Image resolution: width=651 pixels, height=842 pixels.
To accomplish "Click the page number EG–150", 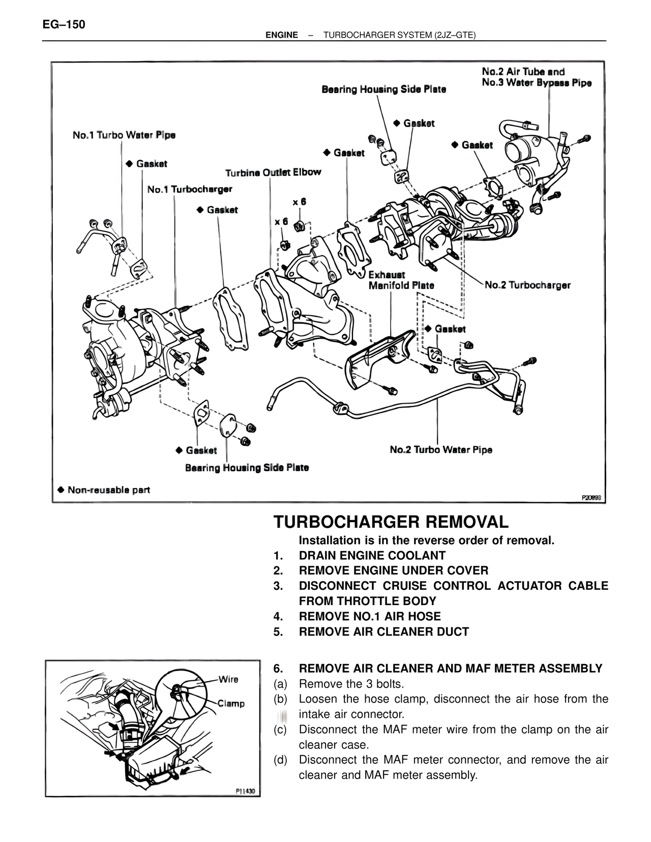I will pos(64,24).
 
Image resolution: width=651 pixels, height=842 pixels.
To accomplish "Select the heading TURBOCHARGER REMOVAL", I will pos(391,522).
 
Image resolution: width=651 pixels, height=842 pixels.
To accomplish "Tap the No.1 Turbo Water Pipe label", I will pos(124,135).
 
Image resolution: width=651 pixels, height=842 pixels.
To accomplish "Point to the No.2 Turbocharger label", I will pos(527,285).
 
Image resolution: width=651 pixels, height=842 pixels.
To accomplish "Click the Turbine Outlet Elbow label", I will pos(273,172).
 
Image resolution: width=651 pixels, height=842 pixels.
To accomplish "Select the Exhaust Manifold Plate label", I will pos(401,280).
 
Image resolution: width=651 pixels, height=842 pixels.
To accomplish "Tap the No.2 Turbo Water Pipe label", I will pos(440,449).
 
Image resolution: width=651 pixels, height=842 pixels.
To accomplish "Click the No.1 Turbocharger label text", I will pos(189,189).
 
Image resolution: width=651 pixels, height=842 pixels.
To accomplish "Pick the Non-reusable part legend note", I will pos(104,490).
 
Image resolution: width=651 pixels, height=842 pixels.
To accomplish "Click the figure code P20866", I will pos(591,498).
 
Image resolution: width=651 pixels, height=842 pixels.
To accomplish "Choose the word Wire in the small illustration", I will pos(228,679).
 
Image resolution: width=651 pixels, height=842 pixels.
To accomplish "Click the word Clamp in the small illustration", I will pos(231,704).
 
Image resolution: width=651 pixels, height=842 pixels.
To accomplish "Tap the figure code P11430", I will pos(246,791).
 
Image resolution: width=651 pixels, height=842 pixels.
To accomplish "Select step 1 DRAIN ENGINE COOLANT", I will pos(372,555).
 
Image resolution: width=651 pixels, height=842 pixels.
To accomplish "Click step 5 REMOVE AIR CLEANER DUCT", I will pos(383,631).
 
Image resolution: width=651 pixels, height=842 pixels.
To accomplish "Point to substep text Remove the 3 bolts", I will pos(351,683).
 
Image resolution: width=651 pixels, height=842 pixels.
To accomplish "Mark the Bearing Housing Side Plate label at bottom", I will pos(247,468).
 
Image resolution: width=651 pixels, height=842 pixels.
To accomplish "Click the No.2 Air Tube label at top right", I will pos(523,72).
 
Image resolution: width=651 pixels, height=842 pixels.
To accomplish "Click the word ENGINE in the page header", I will pos(282,35).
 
